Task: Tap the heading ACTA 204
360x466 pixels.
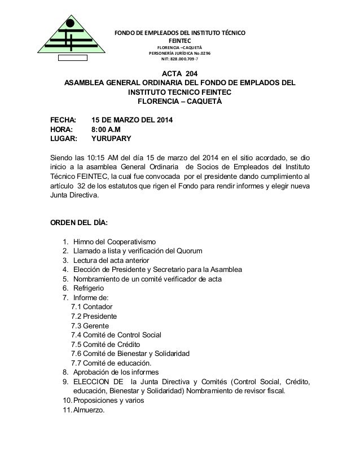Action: point(180,74)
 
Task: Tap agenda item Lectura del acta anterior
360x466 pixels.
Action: point(111,260)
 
